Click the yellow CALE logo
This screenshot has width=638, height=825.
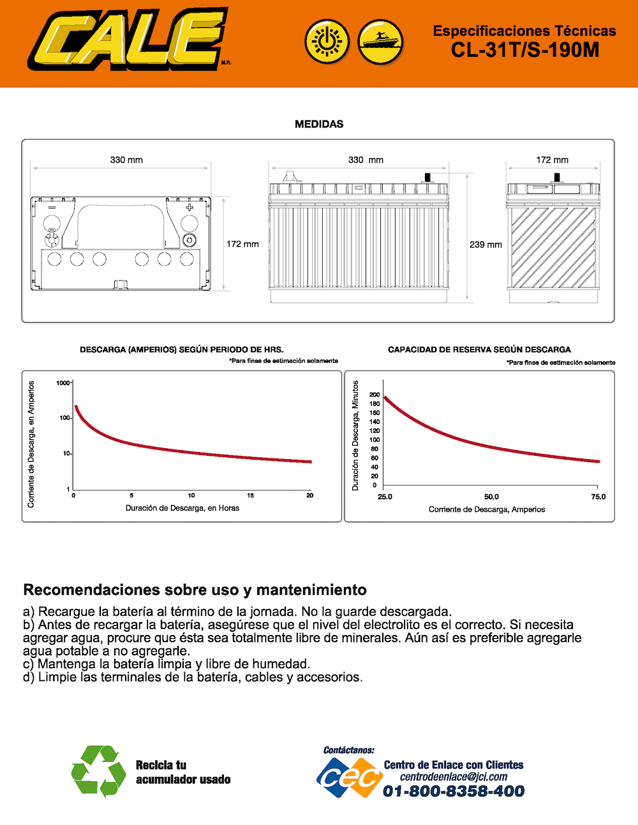(x=128, y=39)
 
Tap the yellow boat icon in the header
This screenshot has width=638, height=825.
(x=380, y=42)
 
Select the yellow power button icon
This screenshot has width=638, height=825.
(x=327, y=42)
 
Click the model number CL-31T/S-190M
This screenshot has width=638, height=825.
(x=525, y=50)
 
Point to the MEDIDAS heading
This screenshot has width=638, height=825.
(x=319, y=124)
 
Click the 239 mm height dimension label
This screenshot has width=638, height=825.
(x=486, y=244)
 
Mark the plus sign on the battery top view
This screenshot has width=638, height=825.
(x=189, y=207)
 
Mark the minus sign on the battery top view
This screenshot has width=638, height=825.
(x=52, y=207)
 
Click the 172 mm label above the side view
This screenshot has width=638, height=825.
(x=552, y=160)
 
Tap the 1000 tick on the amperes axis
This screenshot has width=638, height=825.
(x=63, y=383)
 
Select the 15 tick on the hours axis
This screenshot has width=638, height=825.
(x=250, y=495)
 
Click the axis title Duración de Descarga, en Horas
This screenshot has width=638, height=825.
(x=182, y=508)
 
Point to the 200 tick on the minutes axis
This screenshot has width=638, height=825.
(x=374, y=395)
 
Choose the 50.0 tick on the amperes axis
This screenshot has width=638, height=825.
(x=491, y=497)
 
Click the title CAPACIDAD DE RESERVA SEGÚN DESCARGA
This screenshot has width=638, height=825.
(x=479, y=349)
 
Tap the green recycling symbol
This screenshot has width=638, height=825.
(x=99, y=771)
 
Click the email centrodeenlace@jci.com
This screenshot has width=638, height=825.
(x=454, y=777)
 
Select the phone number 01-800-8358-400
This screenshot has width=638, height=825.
(x=454, y=791)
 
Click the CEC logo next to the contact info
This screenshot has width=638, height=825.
(x=350, y=778)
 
